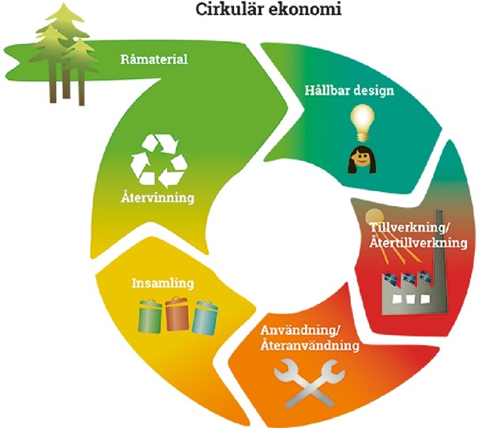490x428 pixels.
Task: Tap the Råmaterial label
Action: (154, 59)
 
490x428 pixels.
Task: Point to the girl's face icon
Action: (360, 160)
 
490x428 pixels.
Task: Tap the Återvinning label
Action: (158, 198)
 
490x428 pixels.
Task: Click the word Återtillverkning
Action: (419, 242)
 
